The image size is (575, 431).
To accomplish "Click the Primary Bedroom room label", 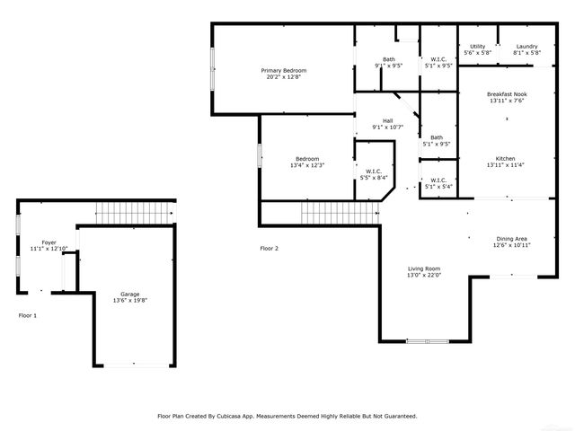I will pos(284,70).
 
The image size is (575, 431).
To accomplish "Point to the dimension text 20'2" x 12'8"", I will pos(284,77).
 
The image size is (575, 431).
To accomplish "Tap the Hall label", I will pos(387,120).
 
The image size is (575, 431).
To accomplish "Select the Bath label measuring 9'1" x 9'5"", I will pos(388,59).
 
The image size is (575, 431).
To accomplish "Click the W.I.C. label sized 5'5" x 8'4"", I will pos(373,171).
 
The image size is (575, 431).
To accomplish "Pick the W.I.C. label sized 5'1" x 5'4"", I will pos(438,180).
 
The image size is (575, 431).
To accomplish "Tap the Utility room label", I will pos(477,47).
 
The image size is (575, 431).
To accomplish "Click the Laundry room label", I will pos(526,47).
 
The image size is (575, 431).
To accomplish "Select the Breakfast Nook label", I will pos(506,94).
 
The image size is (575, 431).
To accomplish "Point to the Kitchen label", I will pos(505,158).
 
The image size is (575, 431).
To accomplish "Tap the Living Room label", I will pos(425,268).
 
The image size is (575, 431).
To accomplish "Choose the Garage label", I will pos(130,294).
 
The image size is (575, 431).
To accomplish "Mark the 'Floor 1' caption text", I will pos(28,315).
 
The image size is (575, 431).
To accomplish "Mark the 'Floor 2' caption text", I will pos(269,248).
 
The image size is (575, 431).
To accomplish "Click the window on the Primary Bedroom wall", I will pos(212,71).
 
